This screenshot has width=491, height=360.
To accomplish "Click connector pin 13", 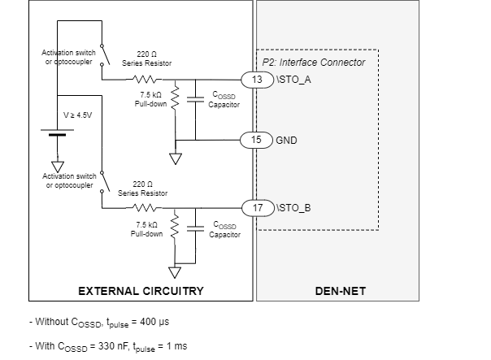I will pyautogui.click(x=257, y=79).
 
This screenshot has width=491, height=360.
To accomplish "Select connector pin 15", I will pyautogui.click(x=257, y=139).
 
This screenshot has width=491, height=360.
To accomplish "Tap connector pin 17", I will pyautogui.click(x=257, y=206).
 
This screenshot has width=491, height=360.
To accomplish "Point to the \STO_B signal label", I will pyautogui.click(x=293, y=206).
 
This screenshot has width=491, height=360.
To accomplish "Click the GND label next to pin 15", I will pyautogui.click(x=287, y=139).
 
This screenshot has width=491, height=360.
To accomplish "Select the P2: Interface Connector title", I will pyautogui.click(x=314, y=62).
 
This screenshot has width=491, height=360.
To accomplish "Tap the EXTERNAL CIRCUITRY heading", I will pyautogui.click(x=141, y=290).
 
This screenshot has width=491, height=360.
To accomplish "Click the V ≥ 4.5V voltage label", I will pyautogui.click(x=78, y=115).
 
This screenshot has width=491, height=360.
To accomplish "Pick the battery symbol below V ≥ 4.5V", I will pyautogui.click(x=56, y=133).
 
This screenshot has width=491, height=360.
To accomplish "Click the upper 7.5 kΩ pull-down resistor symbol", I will pyautogui.click(x=175, y=99).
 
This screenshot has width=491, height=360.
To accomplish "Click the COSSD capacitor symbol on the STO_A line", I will pyautogui.click(x=196, y=99).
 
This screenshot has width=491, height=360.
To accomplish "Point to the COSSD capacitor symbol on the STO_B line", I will pyautogui.click(x=196, y=228).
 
